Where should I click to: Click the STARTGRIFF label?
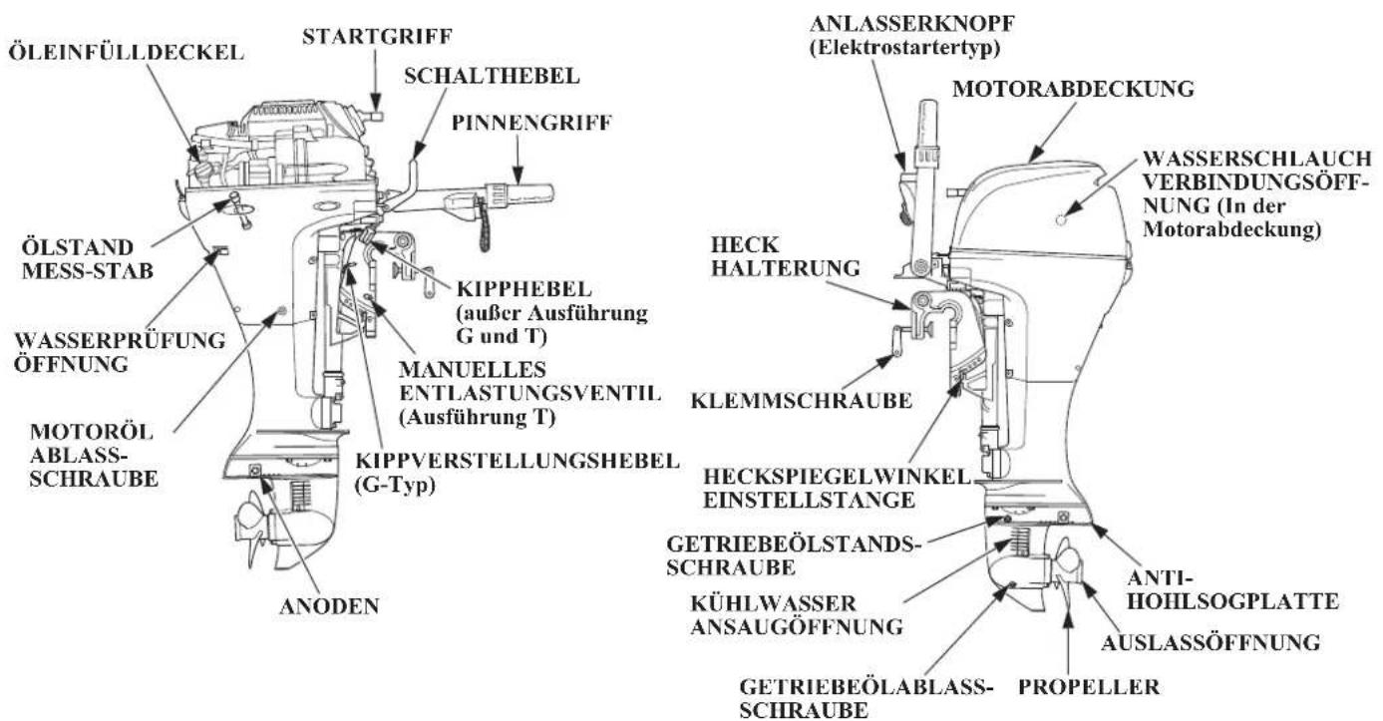pyautogui.click(x=377, y=37)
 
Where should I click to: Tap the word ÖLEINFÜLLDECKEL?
pyautogui.click(x=126, y=52)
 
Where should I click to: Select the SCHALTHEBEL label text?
pyautogui.click(x=492, y=76)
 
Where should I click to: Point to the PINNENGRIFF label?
pyautogui.click(x=531, y=123)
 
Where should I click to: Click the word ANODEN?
pyautogui.click(x=329, y=606)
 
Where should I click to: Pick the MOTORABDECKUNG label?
pyautogui.click(x=1073, y=89)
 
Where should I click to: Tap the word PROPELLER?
pyautogui.click(x=1089, y=686)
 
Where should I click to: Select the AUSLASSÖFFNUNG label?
pyautogui.click(x=1210, y=642)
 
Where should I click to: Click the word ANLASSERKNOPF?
pyautogui.click(x=912, y=24)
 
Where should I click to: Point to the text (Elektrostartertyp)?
pyautogui.click(x=904, y=48)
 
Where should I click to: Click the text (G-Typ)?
pyautogui.click(x=395, y=486)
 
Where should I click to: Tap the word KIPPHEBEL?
pyautogui.click(x=524, y=289)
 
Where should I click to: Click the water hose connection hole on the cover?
pyautogui.click(x=1061, y=219)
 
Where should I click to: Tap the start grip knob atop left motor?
pyautogui.click(x=376, y=116)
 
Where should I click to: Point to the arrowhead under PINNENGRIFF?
pyautogui.click(x=519, y=175)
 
